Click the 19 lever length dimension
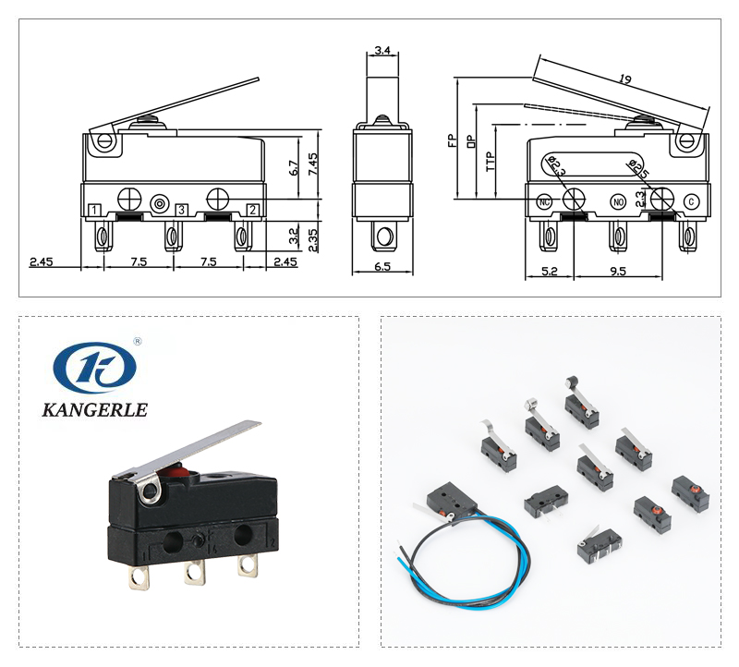coord(625,81)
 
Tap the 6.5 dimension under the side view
coord(382,267)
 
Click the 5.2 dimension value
coord(549,271)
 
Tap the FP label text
coord(452,140)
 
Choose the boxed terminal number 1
coord(95,211)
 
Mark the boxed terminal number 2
coord(252,211)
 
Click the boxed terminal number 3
coord(182,211)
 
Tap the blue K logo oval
coord(93,368)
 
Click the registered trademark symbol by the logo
coord(138,342)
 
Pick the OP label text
coord(470,140)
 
